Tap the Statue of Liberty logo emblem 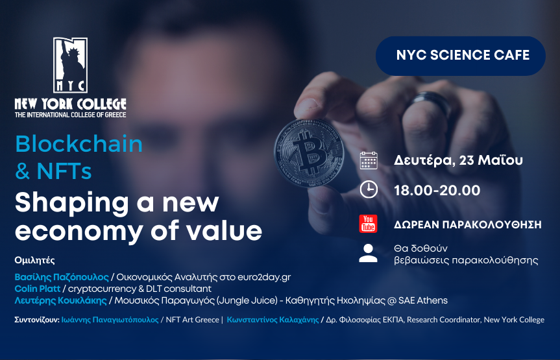pos(70,66)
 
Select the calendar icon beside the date pos(369,160)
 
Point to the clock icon pos(369,189)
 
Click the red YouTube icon pos(368,224)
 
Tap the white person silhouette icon pos(368,254)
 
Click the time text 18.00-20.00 pos(437,190)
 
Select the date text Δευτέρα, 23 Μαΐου pos(458,160)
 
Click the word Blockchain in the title pos(79,143)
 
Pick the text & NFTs pos(53,171)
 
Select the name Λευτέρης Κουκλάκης pos(62,300)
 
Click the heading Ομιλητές pos(35,260)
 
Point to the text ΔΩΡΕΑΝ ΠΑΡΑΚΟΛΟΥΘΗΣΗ pos(467,225)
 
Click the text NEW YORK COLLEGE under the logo pos(70,104)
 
